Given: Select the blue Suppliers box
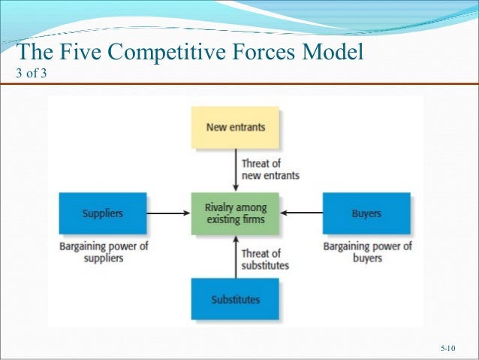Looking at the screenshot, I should coord(102,213).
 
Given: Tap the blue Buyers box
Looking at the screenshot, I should coord(366,213).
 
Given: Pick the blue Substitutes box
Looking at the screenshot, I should coord(235,299).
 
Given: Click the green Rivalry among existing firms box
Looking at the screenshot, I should coord(235,213).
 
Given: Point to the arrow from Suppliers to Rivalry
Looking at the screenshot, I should coord(168,213).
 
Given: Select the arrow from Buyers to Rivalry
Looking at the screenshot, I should coord(301,213).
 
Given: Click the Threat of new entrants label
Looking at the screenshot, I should coord(270,169).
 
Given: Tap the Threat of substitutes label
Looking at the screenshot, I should coord(265,259).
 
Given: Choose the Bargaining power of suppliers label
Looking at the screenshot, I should coord(102,252).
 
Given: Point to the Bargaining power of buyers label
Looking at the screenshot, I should coord(366,252).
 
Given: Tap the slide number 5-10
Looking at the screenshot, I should coord(448,349).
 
